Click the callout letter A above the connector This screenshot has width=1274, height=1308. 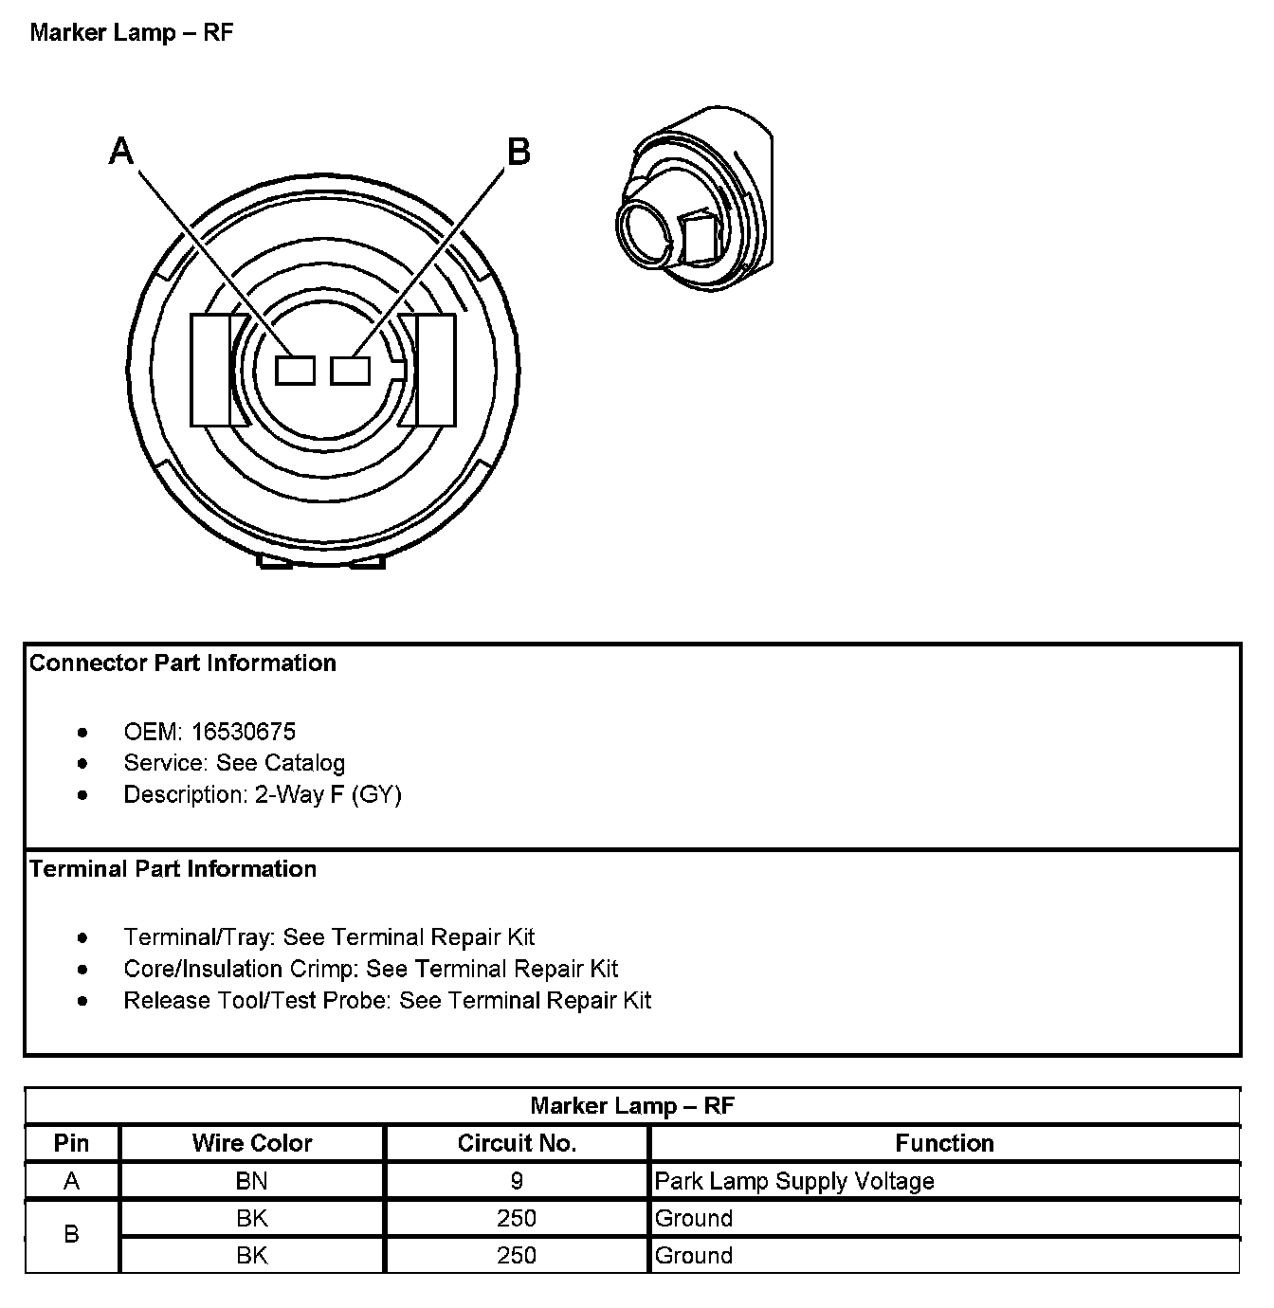(x=122, y=151)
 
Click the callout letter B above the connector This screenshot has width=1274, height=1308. (x=519, y=152)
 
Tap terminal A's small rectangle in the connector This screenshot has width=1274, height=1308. (x=295, y=371)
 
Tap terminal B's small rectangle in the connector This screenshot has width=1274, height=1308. (x=350, y=371)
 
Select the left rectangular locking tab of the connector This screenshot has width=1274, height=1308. (x=209, y=370)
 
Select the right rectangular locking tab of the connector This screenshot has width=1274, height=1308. (x=435, y=370)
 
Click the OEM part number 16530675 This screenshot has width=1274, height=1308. (x=244, y=732)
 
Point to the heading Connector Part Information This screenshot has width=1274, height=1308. (x=183, y=663)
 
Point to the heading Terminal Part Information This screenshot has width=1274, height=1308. (x=173, y=869)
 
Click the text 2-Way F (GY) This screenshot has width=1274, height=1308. (x=328, y=794)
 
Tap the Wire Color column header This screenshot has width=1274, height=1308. (x=252, y=1143)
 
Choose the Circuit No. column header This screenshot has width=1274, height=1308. (x=517, y=1143)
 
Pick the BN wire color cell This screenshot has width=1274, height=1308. (x=252, y=1181)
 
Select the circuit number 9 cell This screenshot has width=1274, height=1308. (x=517, y=1181)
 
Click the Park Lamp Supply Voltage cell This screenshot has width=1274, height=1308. (x=794, y=1181)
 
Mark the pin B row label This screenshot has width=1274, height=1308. (x=71, y=1235)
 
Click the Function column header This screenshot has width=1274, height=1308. (x=944, y=1143)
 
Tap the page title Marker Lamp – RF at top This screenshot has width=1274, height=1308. (x=132, y=33)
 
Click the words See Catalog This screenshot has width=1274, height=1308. (x=281, y=763)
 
